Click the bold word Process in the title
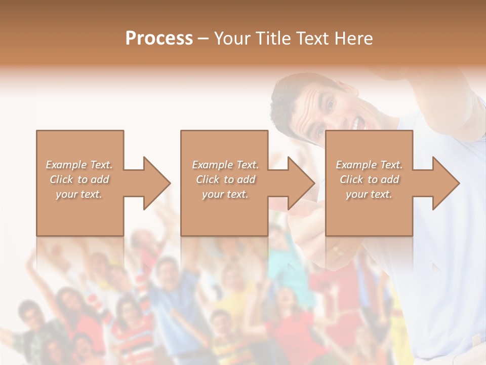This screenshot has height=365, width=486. (x=159, y=39)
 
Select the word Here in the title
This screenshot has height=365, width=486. (x=354, y=39)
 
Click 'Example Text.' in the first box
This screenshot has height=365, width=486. (x=79, y=165)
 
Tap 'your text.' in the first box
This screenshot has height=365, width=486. (x=79, y=194)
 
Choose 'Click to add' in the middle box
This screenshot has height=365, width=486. (x=225, y=179)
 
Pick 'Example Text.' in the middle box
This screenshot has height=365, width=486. (x=225, y=165)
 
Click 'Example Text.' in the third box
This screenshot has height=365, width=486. (x=369, y=165)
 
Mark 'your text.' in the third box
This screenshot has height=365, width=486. (x=369, y=194)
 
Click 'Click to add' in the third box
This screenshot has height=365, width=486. (x=369, y=179)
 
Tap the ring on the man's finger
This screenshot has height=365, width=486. (x=337, y=249)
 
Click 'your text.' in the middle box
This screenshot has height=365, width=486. (x=225, y=194)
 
